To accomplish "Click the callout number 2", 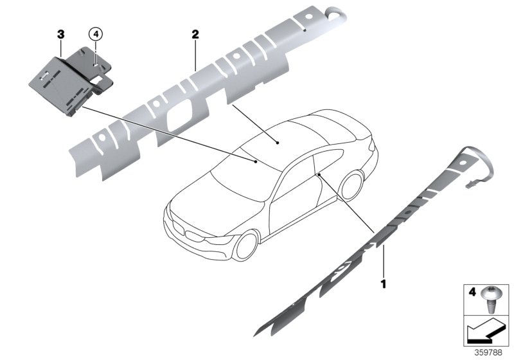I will click(194, 32).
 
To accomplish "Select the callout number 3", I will click(60, 32).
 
